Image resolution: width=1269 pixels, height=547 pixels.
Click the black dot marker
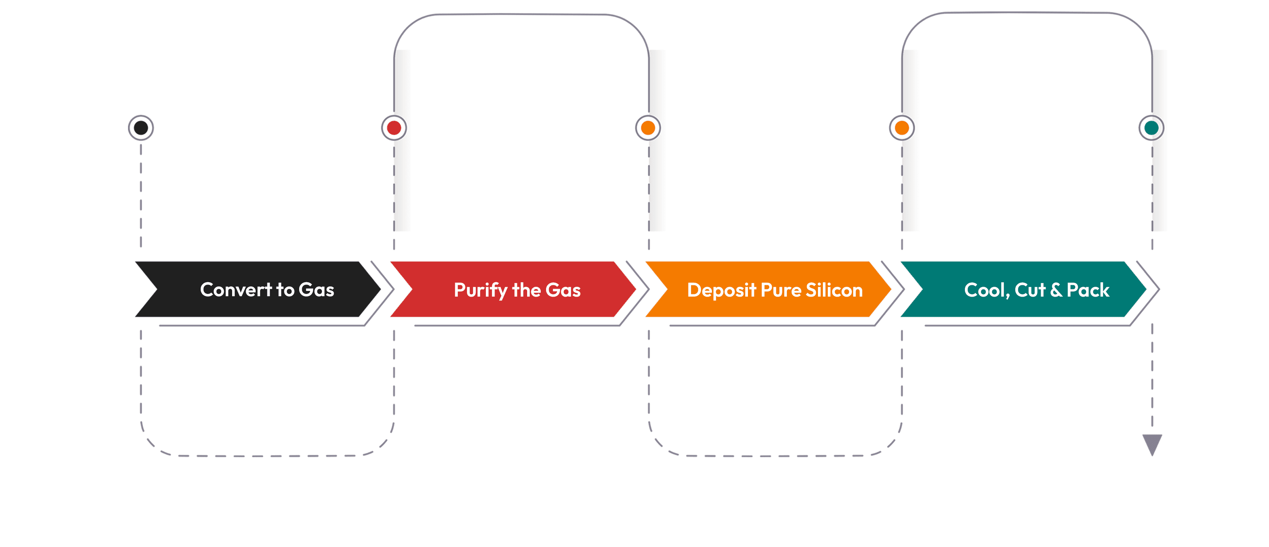click(x=141, y=128)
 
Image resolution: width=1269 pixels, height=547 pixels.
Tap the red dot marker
click(x=394, y=128)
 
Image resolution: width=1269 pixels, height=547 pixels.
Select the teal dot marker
click(x=1151, y=128)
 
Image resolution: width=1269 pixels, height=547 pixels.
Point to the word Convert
click(x=236, y=290)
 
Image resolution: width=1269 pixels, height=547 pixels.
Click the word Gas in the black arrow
click(x=316, y=290)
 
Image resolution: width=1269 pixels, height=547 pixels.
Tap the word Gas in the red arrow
click(x=563, y=290)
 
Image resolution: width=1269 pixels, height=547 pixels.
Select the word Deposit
click(x=722, y=291)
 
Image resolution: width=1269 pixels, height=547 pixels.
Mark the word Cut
click(x=1030, y=290)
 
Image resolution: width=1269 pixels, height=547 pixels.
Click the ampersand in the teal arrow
click(x=1056, y=290)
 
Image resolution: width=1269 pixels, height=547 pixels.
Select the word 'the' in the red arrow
click(x=527, y=290)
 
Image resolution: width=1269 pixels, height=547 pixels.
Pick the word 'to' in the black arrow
click(x=285, y=290)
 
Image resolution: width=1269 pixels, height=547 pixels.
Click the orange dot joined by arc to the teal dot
click(x=902, y=128)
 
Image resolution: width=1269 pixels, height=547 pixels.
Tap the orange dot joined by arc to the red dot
click(x=648, y=128)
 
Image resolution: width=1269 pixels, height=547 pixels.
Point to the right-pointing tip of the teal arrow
click(x=1146, y=289)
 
